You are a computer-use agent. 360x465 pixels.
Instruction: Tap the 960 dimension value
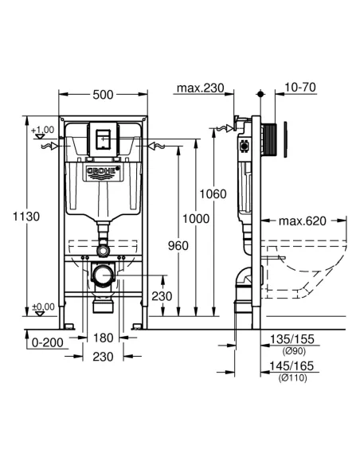pyautogui.click(x=178, y=246)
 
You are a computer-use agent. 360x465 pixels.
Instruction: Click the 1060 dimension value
pyautogui.click(x=213, y=193)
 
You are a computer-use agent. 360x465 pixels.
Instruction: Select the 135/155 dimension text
pyautogui.click(x=292, y=339)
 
